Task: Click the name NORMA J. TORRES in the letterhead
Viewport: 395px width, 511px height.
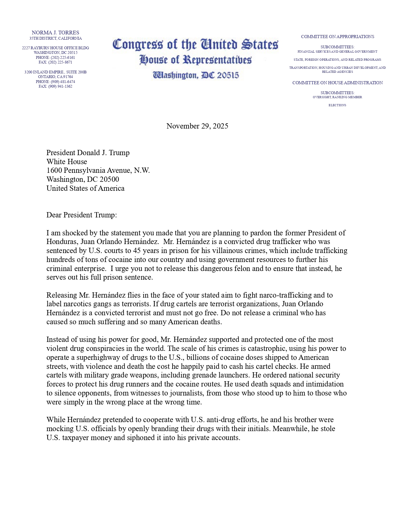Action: [55, 33]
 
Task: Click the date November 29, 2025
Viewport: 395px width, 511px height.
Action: [197, 126]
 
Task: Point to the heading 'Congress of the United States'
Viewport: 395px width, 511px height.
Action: [195, 45]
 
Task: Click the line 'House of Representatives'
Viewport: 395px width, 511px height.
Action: [195, 60]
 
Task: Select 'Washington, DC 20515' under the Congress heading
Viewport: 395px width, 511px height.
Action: [196, 75]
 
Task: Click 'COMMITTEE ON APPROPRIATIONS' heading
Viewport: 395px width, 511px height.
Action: [337, 37]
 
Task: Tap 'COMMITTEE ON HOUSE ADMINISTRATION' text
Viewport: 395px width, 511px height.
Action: [337, 83]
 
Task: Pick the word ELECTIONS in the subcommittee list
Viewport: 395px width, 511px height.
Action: [337, 105]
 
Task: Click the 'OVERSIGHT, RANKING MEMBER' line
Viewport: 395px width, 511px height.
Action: [337, 97]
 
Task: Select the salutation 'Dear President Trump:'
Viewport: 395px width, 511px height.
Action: [82, 215]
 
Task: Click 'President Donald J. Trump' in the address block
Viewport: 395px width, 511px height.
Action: [88, 153]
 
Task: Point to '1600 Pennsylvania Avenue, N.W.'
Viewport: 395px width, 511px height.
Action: [98, 170]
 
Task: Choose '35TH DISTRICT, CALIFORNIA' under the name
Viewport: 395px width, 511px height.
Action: [56, 38]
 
